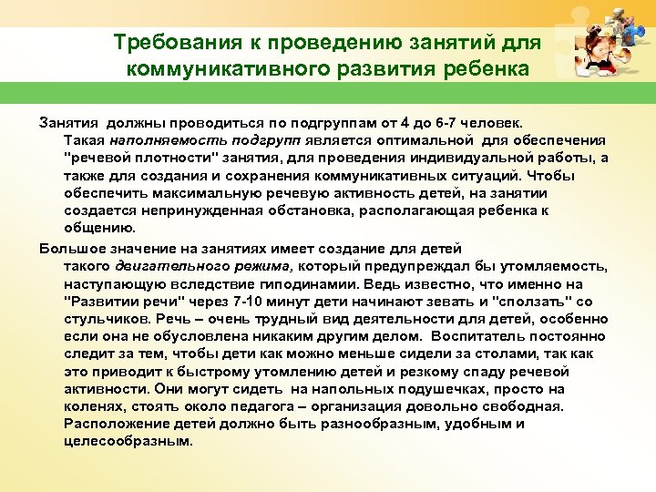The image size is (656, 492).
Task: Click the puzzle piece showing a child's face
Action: (x=599, y=56)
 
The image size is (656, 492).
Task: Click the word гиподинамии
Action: (x=323, y=283)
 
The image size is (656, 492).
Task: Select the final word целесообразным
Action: (x=128, y=442)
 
